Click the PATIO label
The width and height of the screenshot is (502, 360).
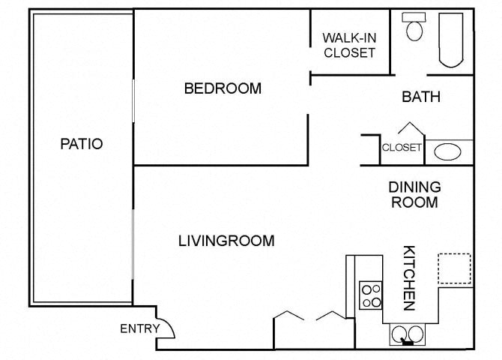[81, 144]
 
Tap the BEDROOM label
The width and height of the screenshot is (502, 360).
[223, 88]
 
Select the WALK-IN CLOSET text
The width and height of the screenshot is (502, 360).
[348, 45]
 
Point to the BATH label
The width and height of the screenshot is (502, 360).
[420, 97]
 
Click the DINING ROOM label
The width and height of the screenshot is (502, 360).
[414, 194]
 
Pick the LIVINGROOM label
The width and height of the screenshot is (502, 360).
[226, 241]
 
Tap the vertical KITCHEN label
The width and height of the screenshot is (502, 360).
[409, 277]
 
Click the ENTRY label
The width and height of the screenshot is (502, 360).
[139, 328]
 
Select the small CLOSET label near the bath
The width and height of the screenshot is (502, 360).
[402, 148]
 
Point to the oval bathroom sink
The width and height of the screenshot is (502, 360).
[448, 152]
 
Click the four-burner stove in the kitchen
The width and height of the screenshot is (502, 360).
[371, 294]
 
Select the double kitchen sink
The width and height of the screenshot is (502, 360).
[407, 334]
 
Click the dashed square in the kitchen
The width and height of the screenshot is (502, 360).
[454, 268]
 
